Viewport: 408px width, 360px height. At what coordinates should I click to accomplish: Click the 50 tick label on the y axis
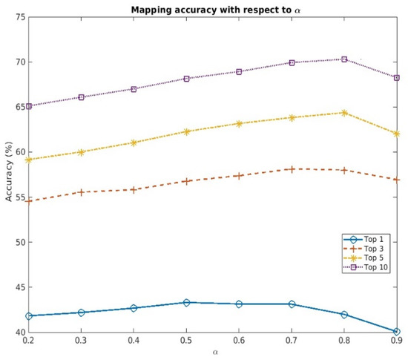pyautogui.click(x=19, y=242)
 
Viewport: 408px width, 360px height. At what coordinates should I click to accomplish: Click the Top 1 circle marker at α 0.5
pyautogui.click(x=186, y=303)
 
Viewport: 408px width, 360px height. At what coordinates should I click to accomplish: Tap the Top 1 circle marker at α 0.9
pyautogui.click(x=397, y=332)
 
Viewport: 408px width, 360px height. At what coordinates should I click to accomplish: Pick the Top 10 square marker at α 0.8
pyautogui.click(x=344, y=59)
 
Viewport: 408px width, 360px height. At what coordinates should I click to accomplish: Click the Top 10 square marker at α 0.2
pyautogui.click(x=29, y=106)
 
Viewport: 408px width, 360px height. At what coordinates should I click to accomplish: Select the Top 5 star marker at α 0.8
pyautogui.click(x=344, y=113)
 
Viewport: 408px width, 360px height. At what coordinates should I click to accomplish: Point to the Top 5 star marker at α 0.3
pyautogui.click(x=82, y=152)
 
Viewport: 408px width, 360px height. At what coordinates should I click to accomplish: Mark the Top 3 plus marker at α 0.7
pyautogui.click(x=292, y=169)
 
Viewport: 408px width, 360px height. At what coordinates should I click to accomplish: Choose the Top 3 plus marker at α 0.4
pyautogui.click(x=134, y=189)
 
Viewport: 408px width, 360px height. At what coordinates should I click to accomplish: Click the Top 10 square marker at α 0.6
pyautogui.click(x=239, y=71)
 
